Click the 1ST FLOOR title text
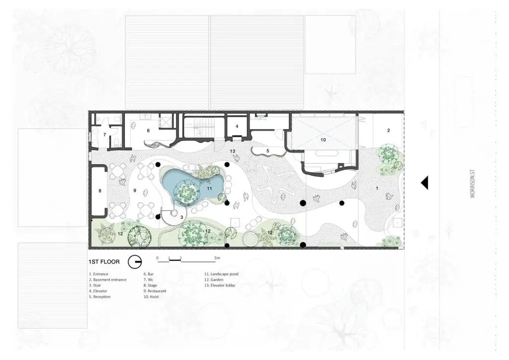pyautogui.click(x=104, y=262)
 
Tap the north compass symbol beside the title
pyautogui.click(x=134, y=262)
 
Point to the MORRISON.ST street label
pyautogui.click(x=472, y=187)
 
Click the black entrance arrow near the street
pyautogui.click(x=424, y=183)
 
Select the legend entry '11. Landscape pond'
pyautogui.click(x=221, y=274)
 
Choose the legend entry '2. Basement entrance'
pyautogui.click(x=108, y=279)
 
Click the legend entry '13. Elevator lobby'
pyautogui.click(x=220, y=285)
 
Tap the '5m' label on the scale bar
pyautogui.click(x=217, y=258)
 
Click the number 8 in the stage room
pyautogui.click(x=100, y=191)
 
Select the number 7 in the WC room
pyautogui.click(x=104, y=134)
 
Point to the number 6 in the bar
pyautogui.click(x=148, y=130)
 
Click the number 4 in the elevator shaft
pyautogui.click(x=237, y=126)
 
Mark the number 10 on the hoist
pyautogui.click(x=323, y=140)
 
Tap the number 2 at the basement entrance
pyautogui.click(x=389, y=130)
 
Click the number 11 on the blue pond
pyautogui.click(x=209, y=188)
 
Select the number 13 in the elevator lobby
pyautogui.click(x=233, y=151)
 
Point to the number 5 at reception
pyautogui.click(x=268, y=151)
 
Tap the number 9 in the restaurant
pyautogui.click(x=135, y=190)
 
